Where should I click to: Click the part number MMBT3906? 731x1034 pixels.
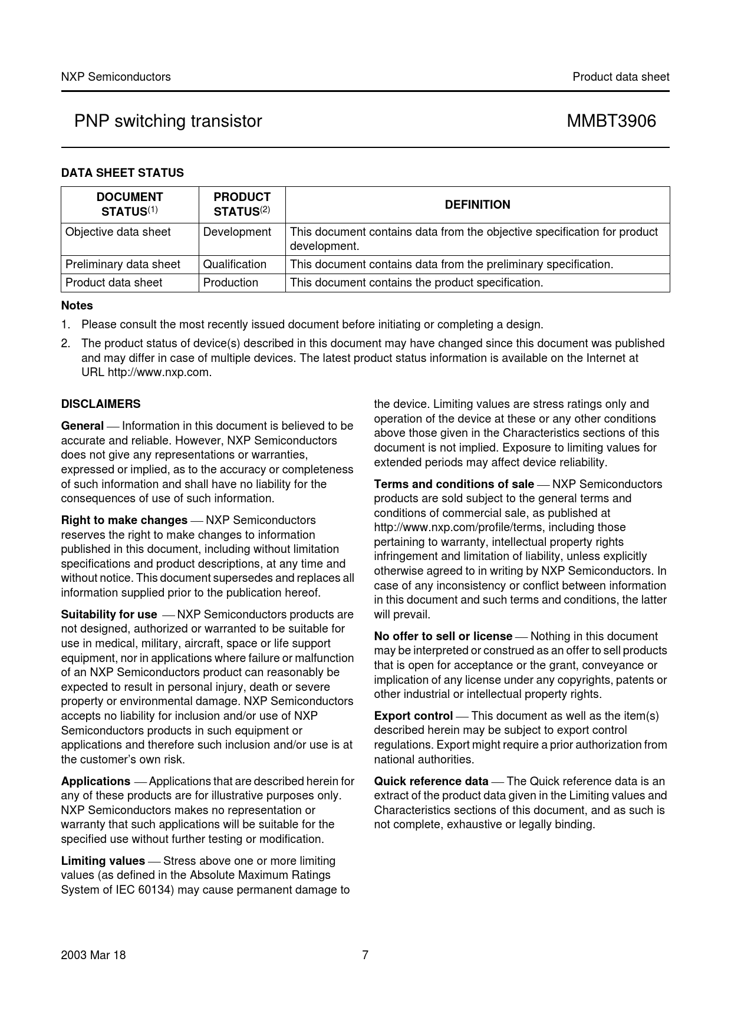[x=611, y=121]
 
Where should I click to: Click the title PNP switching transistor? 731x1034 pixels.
[x=168, y=121]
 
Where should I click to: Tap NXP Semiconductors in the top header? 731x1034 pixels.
[x=116, y=77]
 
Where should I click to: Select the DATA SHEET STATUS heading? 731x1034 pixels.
[x=122, y=173]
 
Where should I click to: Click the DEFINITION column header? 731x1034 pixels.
[x=478, y=205]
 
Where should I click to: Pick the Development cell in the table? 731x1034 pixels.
[x=237, y=232]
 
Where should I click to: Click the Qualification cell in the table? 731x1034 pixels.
[x=235, y=264]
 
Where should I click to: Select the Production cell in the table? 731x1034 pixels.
[x=231, y=282]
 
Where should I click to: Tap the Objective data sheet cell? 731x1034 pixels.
[x=118, y=232]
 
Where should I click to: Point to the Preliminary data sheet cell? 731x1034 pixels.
[x=123, y=264]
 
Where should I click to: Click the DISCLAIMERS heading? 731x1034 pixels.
[x=101, y=404]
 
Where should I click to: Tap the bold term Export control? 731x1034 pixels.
[x=413, y=716]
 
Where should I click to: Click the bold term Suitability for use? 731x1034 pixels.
[x=109, y=614]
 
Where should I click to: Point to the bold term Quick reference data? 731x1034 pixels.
[x=431, y=781]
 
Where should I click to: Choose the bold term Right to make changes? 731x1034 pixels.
[x=124, y=520]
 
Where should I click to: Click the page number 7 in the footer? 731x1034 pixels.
[x=365, y=955]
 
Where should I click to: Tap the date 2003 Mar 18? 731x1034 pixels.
[x=93, y=955]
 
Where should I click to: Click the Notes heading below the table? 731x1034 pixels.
[x=77, y=305]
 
